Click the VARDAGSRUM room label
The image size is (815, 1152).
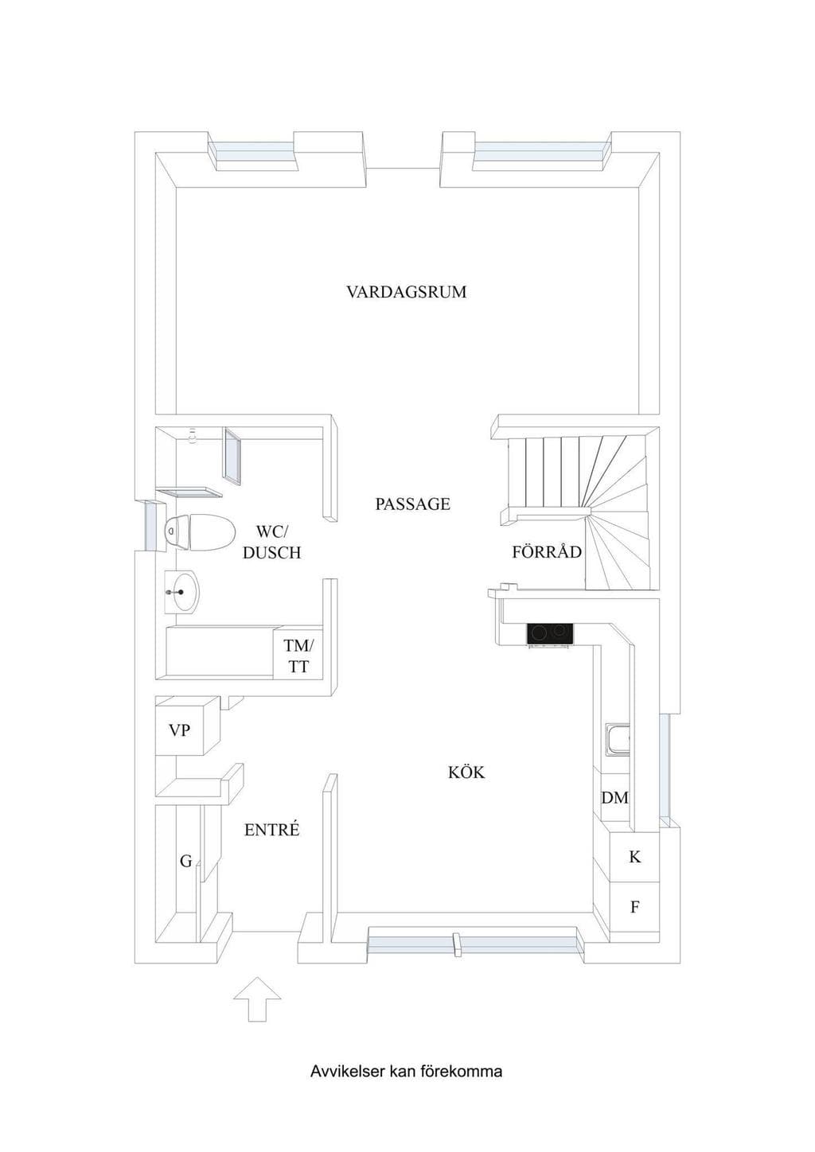point(407,292)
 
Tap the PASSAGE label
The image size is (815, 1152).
point(412,504)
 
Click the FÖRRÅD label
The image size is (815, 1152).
point(547,552)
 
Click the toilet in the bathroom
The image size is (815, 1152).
point(200,532)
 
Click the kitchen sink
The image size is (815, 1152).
point(618,740)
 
